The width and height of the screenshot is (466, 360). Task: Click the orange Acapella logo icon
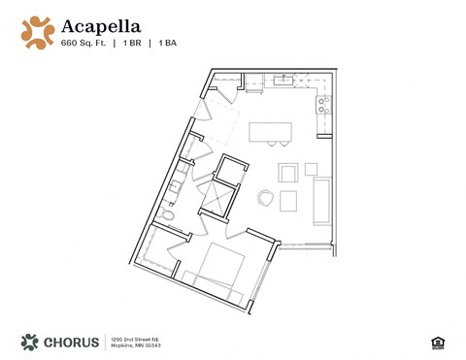pos(38,31)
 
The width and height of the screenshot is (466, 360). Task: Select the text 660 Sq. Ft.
pos(83,44)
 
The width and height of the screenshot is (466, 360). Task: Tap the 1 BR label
pos(135,44)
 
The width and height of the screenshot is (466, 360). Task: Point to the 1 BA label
pos(168,44)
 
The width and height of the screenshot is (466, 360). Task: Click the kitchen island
pos(271,132)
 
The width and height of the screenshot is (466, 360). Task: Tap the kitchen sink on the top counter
pos(284,80)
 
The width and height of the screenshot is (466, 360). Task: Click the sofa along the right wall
pos(322,201)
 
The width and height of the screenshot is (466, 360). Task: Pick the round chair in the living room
pos(266,198)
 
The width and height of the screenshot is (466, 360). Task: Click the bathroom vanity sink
pos(179,181)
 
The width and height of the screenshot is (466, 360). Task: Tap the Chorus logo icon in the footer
pos(29,342)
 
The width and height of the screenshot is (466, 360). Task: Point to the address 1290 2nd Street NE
pos(134,337)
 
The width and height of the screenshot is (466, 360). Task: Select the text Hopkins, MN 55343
pos(134,345)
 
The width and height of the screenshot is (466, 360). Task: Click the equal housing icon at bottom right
pos(436,342)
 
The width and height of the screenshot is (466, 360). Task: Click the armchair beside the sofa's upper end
pos(288,173)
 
